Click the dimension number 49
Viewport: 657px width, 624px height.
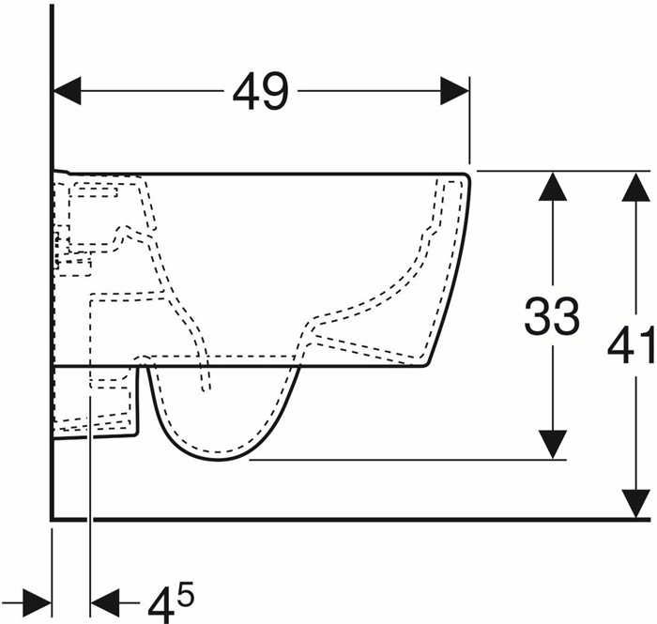click(x=261, y=92)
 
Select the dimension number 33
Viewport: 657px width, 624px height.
click(x=552, y=316)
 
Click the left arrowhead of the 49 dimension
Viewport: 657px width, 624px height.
click(x=67, y=90)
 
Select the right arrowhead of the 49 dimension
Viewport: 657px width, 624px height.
click(x=454, y=90)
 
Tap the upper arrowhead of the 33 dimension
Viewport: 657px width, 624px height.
click(x=553, y=187)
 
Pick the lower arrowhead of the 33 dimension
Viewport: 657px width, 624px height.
click(x=553, y=445)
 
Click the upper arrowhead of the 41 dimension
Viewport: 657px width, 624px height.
click(x=636, y=188)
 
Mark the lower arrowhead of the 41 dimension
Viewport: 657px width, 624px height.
click(x=636, y=503)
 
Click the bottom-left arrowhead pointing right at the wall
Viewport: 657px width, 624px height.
click(x=37, y=603)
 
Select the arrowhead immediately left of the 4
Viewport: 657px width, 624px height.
click(x=105, y=603)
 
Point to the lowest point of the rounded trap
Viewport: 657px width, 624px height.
click(x=218, y=460)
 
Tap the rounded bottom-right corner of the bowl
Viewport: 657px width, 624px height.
click(x=426, y=363)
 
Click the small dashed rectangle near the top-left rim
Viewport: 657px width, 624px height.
click(x=95, y=192)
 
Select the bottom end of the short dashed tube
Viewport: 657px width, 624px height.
click(x=206, y=390)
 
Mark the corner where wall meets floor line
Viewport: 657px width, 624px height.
click(x=52, y=520)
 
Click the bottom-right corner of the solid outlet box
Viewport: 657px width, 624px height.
click(x=136, y=434)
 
